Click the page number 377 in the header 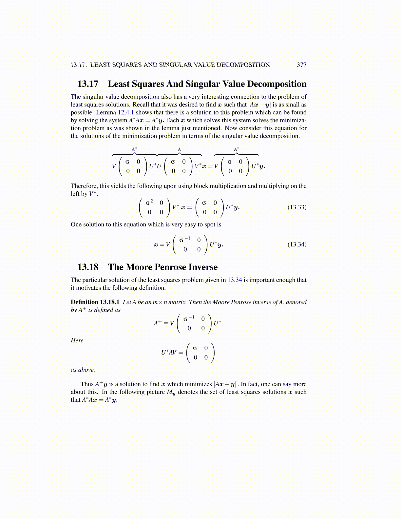click(301, 65)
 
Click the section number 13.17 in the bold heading click(88, 84)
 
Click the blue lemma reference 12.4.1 click(126, 112)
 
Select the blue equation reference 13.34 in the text click(235, 280)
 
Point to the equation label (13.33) click(297, 207)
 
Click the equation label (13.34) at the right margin click(297, 244)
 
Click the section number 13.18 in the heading click(88, 267)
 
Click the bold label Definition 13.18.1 click(95, 302)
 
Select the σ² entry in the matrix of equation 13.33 click(149, 202)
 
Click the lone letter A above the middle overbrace click(179, 149)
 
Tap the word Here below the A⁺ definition click(77, 340)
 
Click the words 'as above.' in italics click(83, 370)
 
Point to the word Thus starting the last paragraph click(87, 384)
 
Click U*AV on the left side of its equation click(169, 353)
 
